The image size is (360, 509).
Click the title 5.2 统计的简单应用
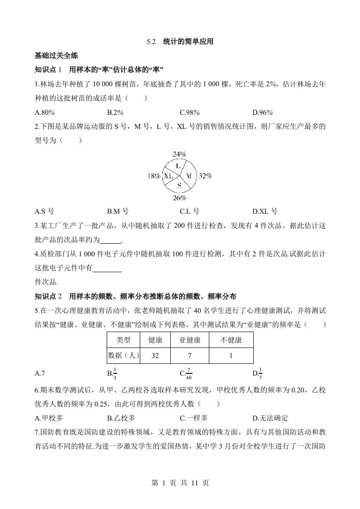click(180, 42)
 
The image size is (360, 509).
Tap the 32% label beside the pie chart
click(206, 176)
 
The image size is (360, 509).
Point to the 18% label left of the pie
click(154, 176)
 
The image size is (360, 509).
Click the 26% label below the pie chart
click(179, 198)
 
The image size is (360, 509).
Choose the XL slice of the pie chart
click(168, 176)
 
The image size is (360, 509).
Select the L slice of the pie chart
click(178, 166)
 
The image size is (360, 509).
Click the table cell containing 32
click(155, 356)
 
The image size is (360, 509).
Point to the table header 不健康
click(231, 340)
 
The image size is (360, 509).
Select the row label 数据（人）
click(123, 356)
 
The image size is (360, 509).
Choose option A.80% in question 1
click(44, 113)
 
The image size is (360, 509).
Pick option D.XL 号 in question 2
click(265, 211)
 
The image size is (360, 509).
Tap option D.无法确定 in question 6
click(270, 418)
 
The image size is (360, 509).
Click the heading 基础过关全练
click(57, 56)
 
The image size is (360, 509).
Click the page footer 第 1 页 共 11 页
click(180, 483)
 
